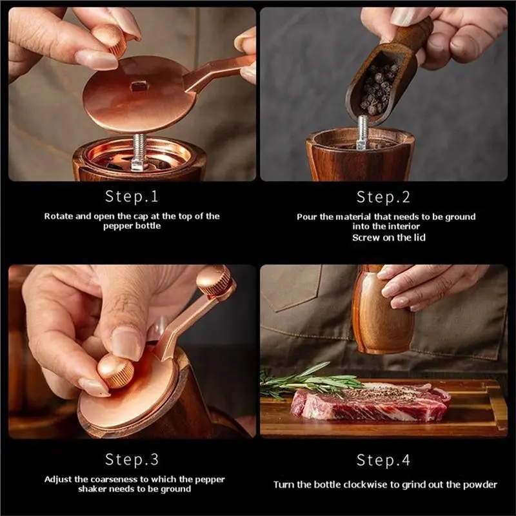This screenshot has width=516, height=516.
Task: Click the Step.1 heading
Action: click(132, 197)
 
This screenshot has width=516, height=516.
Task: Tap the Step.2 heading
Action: click(383, 197)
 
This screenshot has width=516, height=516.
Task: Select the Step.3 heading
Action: click(132, 459)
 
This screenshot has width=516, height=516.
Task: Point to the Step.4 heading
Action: click(383, 460)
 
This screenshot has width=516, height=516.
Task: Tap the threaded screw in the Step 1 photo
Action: click(139, 151)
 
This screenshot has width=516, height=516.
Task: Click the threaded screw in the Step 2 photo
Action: click(362, 132)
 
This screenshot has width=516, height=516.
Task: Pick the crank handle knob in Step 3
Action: click(215, 281)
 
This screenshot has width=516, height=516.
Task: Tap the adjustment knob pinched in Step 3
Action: click(116, 370)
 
